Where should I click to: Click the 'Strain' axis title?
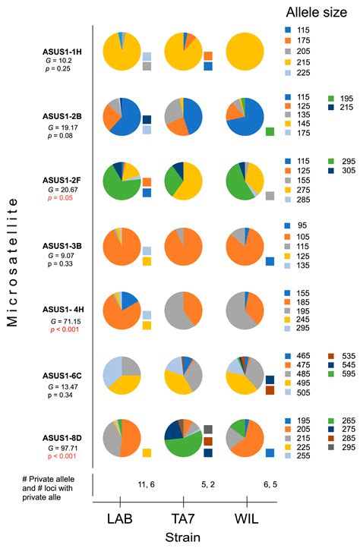point(183,536)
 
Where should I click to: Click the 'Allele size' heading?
point(317,12)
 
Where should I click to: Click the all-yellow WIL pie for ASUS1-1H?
point(246,54)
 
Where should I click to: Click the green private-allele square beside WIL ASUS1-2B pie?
point(270,132)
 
